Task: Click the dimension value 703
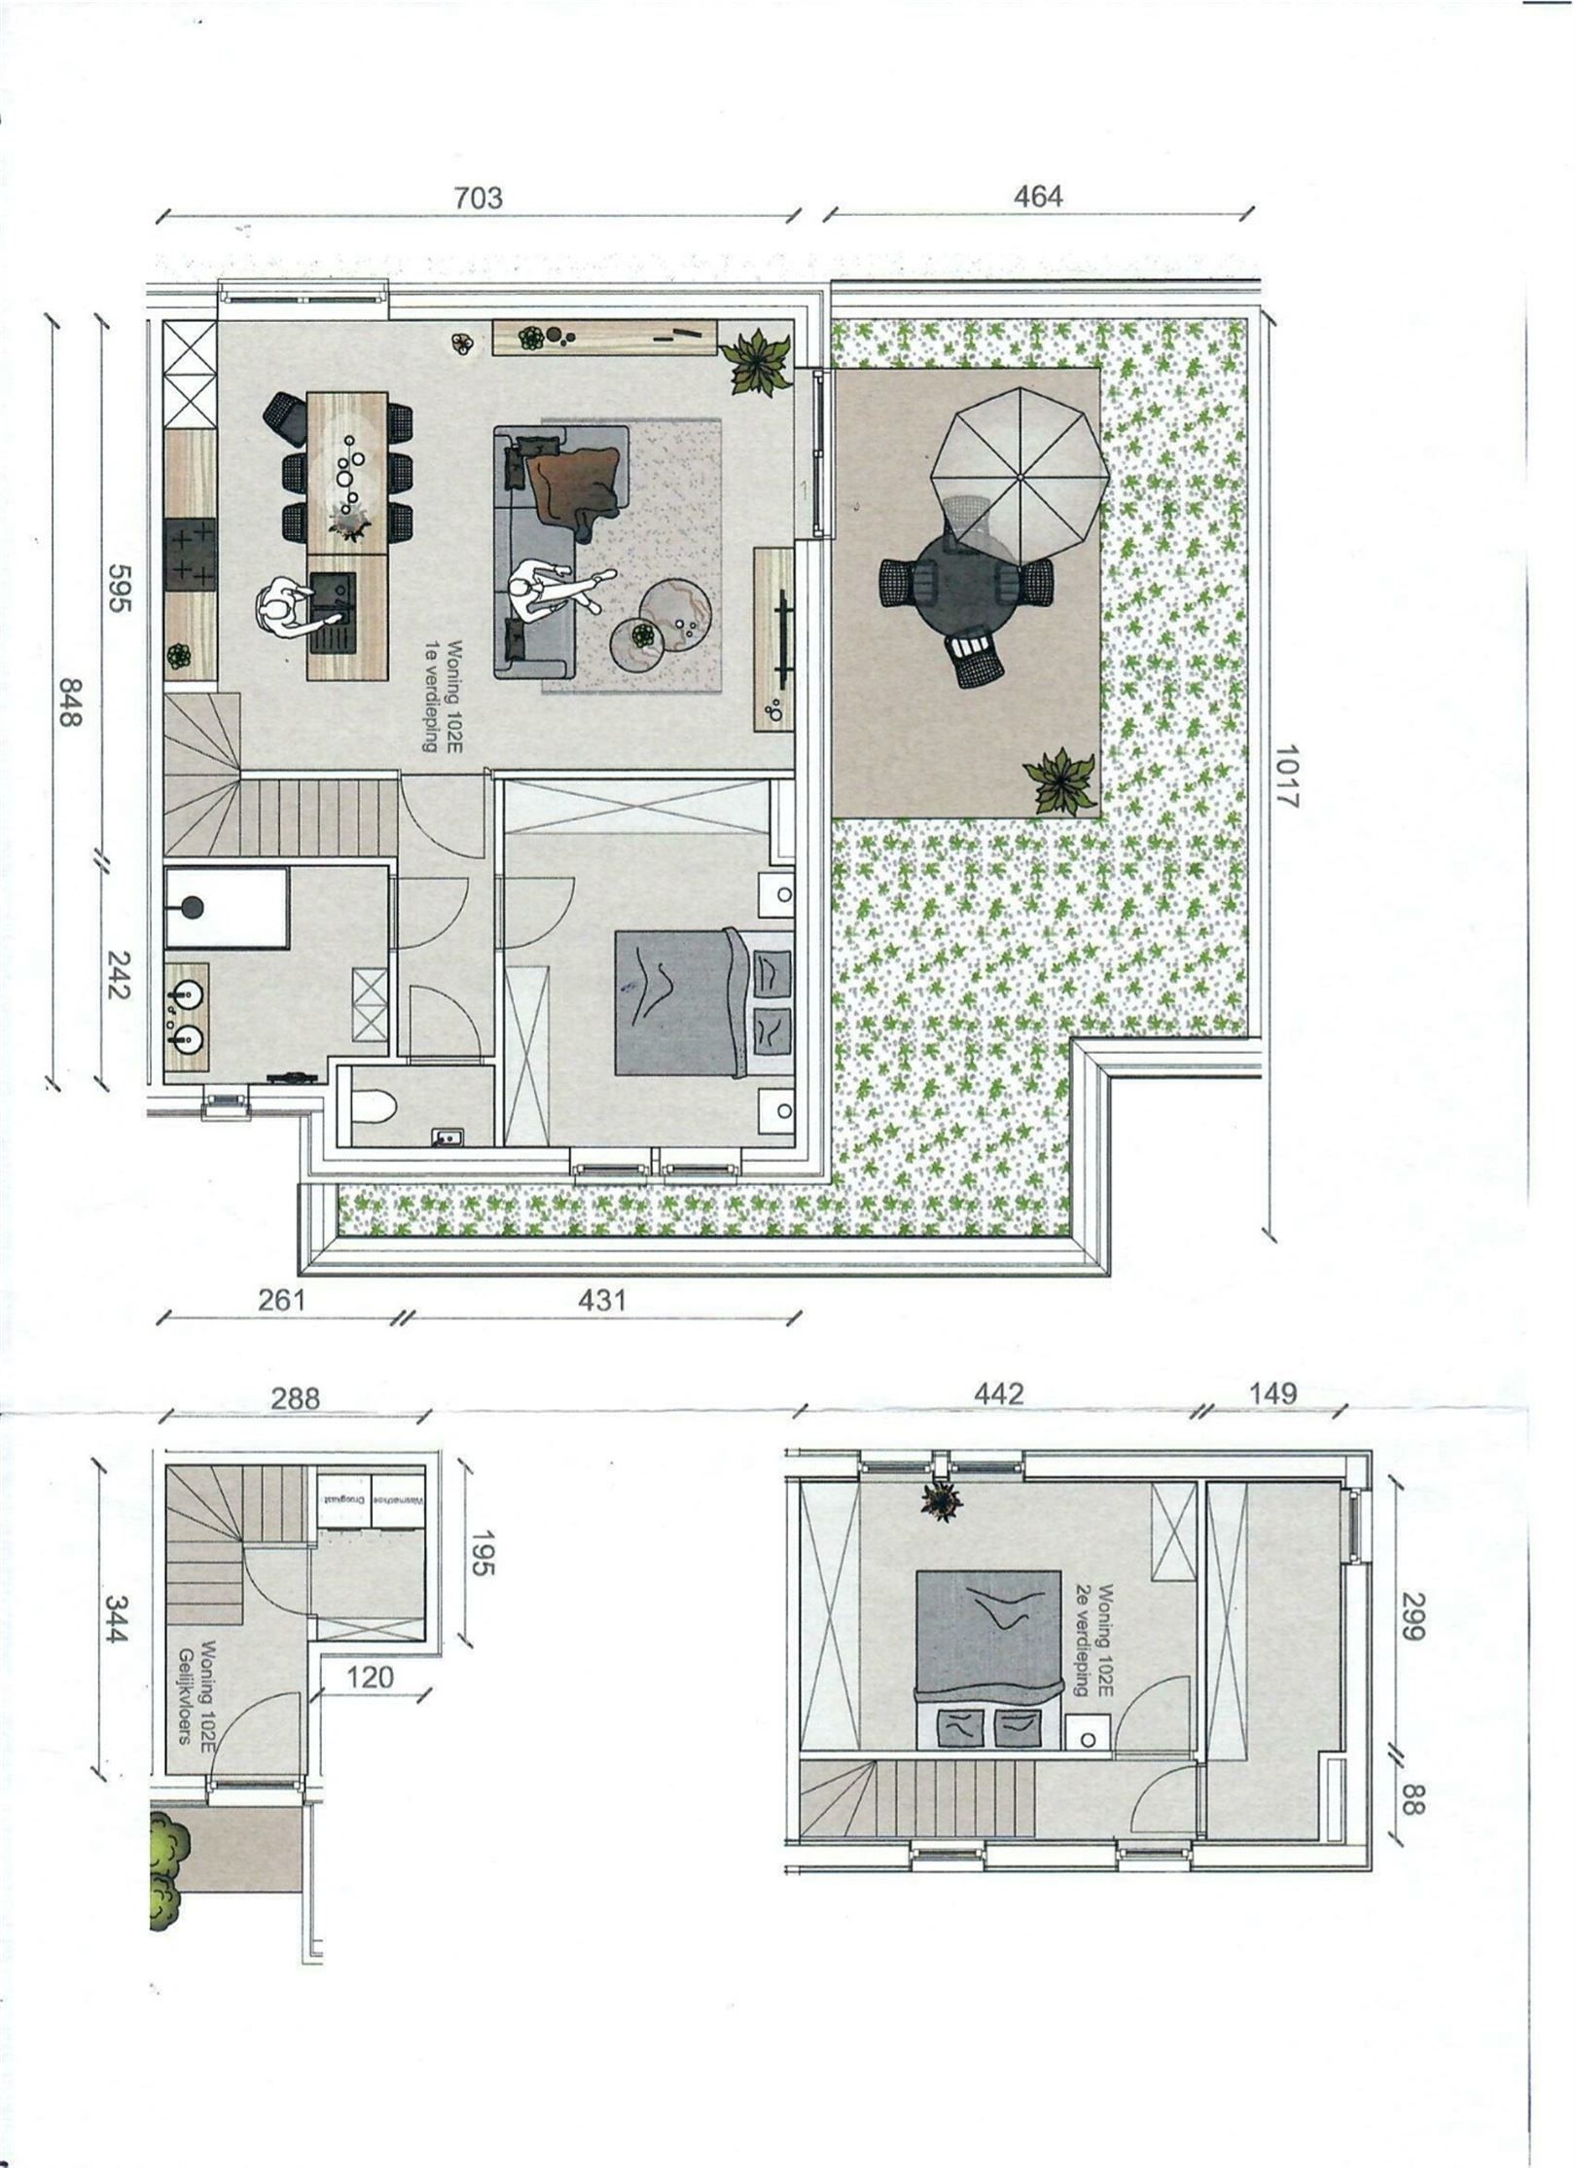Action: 479,199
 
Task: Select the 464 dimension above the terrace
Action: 1038,197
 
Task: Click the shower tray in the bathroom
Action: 226,907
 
